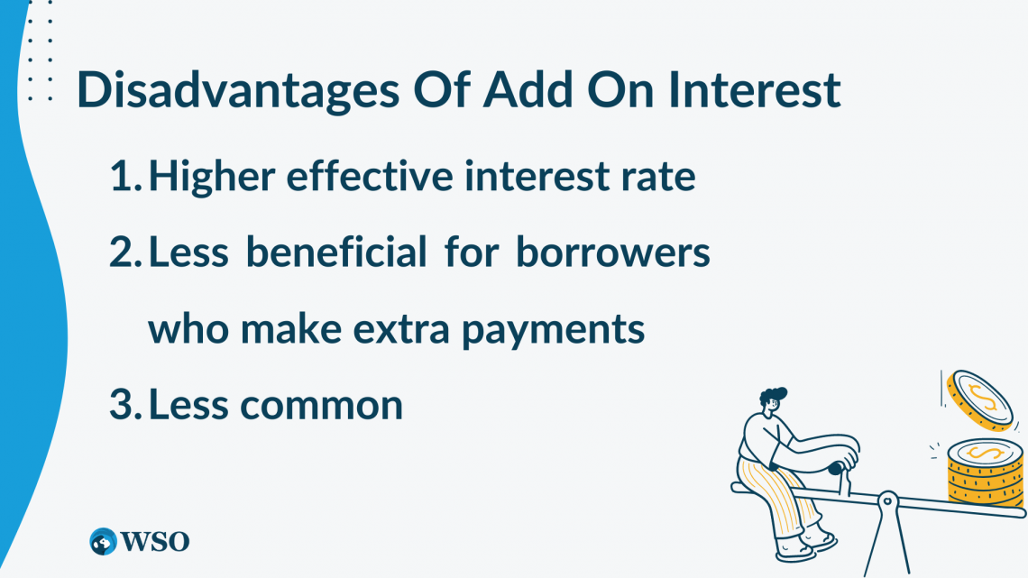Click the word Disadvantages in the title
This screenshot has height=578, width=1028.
pyautogui.click(x=238, y=90)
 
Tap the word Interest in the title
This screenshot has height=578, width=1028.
pyautogui.click(x=754, y=89)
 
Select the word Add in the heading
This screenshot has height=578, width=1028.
pyautogui.click(x=528, y=89)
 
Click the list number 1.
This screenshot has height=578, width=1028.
pyautogui.click(x=125, y=176)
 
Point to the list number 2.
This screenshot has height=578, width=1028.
pyautogui.click(x=125, y=252)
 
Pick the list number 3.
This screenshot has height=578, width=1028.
pyautogui.click(x=125, y=404)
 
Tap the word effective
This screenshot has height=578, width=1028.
pyautogui.click(x=370, y=176)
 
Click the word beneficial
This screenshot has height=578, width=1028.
pyautogui.click(x=336, y=252)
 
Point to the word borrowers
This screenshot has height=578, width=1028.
pyautogui.click(x=613, y=252)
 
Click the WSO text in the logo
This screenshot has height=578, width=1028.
pyautogui.click(x=155, y=541)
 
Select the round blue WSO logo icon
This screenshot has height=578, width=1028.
pyautogui.click(x=103, y=542)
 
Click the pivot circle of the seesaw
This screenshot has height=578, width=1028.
pyautogui.click(x=887, y=501)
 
